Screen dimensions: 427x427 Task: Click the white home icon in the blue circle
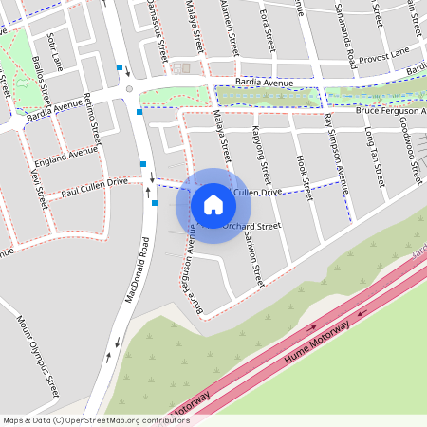tap(213, 205)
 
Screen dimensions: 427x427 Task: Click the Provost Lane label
tap(384, 55)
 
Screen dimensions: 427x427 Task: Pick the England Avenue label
tap(67, 158)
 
